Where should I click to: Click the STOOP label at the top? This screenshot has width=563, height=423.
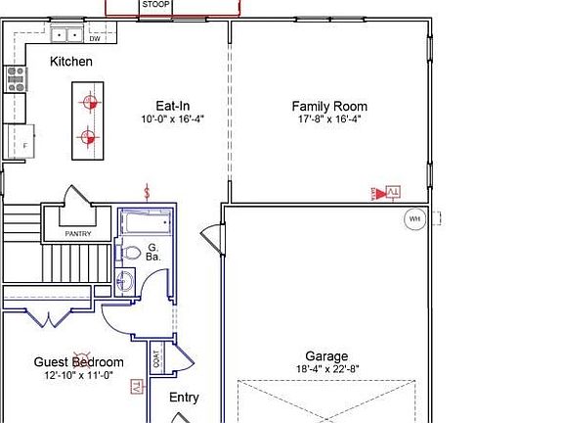click(156, 5)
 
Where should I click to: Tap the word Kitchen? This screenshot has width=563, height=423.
click(71, 62)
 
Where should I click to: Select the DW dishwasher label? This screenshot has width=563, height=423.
click(95, 38)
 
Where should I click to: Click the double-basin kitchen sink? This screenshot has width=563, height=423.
click(66, 35)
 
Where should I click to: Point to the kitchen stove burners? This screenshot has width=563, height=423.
click(16, 77)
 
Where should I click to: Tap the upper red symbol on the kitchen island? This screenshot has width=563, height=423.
click(88, 100)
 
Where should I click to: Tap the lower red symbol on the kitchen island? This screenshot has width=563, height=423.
click(88, 137)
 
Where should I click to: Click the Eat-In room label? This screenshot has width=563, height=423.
click(172, 106)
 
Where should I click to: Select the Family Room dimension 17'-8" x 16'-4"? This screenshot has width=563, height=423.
click(329, 118)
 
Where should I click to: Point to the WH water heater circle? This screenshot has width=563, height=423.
click(414, 218)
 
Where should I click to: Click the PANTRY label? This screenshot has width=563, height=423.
click(77, 234)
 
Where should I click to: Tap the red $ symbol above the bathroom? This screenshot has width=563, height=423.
click(148, 190)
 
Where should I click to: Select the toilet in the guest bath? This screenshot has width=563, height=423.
click(130, 253)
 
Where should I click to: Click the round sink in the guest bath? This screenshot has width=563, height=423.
click(124, 284)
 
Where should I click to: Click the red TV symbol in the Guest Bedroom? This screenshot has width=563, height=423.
click(136, 388)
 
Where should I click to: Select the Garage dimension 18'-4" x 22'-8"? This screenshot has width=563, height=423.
click(326, 369)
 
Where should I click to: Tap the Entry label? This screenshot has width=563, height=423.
click(184, 398)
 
